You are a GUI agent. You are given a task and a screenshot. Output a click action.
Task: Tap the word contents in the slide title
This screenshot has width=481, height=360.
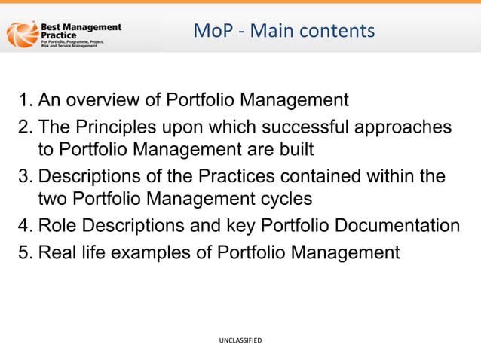pos(338,31)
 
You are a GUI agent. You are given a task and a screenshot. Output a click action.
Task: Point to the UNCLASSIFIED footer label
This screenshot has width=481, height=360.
pos(240,341)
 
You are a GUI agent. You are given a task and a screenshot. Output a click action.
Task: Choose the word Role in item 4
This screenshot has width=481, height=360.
pos(57,226)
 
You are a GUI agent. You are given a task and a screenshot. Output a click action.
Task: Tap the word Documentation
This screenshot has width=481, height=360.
pos(397,226)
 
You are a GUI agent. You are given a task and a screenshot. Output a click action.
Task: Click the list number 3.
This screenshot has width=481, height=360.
pos(25,175)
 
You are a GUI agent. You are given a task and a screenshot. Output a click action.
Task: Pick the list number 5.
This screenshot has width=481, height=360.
pos(25,252)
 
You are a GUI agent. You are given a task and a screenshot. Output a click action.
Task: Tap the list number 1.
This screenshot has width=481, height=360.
pos(25,99)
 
